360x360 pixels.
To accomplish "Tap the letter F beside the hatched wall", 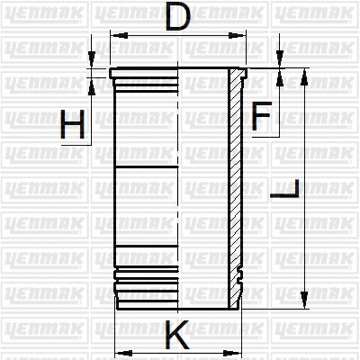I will pyautogui.click(x=262, y=115).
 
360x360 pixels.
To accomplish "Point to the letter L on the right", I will pyautogui.click(x=285, y=190).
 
